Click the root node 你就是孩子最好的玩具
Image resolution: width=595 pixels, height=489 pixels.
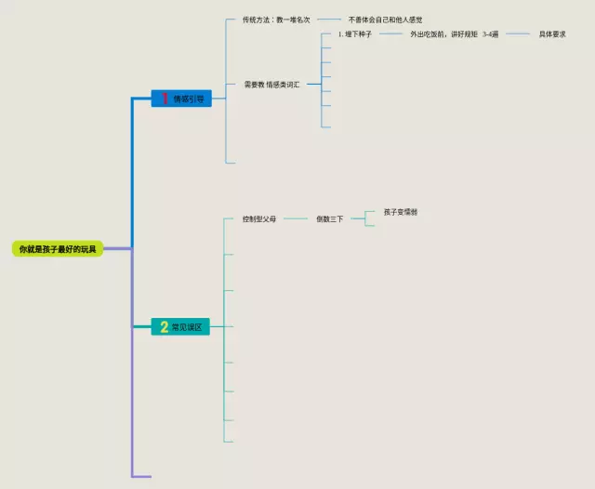pos(58,249)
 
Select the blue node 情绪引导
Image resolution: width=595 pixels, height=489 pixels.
pos(181,99)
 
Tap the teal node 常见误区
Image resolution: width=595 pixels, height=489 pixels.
pos(181,326)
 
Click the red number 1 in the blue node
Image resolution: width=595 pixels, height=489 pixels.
pos(164,99)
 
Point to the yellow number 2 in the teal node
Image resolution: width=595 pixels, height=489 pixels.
pos(164,326)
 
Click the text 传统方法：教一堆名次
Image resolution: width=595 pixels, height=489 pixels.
pos(276,20)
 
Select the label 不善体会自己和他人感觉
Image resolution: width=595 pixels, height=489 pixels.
pos(385,20)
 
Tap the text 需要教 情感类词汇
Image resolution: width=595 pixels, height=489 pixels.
pos(271,85)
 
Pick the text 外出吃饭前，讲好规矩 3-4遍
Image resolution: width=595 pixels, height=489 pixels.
pos(455,34)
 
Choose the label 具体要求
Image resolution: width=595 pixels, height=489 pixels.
pos(552,34)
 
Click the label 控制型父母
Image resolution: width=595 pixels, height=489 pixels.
pos(259,219)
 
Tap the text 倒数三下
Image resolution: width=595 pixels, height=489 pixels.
pos(329,219)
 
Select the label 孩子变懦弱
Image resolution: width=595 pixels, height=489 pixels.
pos(401,212)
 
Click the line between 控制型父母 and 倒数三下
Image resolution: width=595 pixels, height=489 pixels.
pos(296,219)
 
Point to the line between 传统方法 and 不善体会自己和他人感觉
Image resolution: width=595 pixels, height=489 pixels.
pos(329,20)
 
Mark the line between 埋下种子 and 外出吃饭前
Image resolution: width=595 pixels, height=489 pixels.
pos(391,34)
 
